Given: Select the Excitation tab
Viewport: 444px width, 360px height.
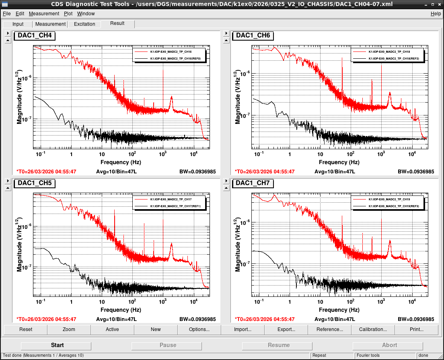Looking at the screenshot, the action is click(84, 24).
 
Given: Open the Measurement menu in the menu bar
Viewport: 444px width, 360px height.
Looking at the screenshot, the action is click(44, 14).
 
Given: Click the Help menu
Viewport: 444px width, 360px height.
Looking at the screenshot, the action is click(436, 14).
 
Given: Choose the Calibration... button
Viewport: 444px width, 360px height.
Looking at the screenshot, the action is click(373, 329).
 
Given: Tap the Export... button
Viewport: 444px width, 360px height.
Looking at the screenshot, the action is click(286, 329).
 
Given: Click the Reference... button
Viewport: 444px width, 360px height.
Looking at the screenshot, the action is click(330, 329).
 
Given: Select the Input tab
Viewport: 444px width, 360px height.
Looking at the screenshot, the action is click(18, 24).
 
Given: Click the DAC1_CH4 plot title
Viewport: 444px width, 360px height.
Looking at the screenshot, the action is click(35, 35).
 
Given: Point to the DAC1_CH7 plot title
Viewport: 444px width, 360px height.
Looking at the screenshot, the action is click(253, 183).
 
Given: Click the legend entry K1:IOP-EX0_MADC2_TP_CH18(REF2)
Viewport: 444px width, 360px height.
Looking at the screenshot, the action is click(394, 59).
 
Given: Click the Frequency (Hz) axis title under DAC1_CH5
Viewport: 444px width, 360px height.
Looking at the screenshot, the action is click(121, 310).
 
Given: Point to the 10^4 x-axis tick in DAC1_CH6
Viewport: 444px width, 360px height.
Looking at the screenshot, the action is click(412, 154).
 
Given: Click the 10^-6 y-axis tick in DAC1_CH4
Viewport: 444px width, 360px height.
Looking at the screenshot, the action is click(26, 78).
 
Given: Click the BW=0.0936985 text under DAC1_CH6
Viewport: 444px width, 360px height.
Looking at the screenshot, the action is click(416, 172).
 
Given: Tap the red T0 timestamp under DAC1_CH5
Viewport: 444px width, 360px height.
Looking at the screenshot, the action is click(46, 319).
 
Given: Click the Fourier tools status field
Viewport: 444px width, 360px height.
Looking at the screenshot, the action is click(368, 356).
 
